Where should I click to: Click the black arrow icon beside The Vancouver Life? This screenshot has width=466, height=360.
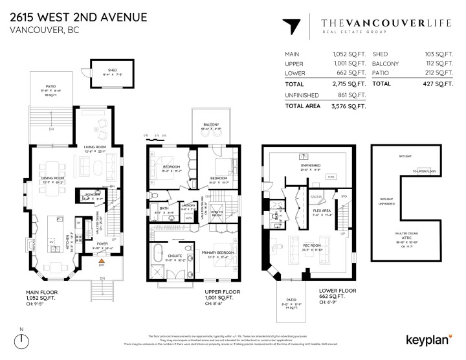click(x=292, y=27)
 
